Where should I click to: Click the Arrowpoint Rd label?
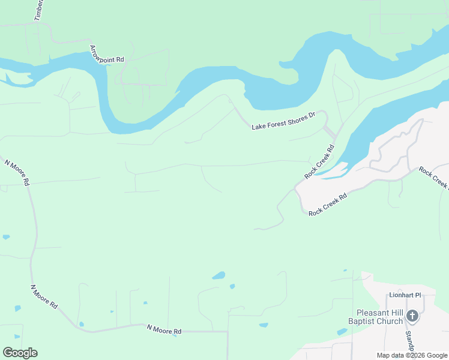click(107, 54)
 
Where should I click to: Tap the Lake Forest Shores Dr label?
click(283, 121)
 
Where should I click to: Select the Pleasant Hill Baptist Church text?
click(379, 317)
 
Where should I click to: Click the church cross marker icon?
click(412, 316)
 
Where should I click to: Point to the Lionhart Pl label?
click(405, 295)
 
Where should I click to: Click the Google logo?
click(20, 352)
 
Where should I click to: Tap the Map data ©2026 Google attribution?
click(412, 355)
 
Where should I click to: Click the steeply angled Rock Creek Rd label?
click(319, 161)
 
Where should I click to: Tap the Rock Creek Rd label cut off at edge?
click(433, 178)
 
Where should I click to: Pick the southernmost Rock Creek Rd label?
click(328, 205)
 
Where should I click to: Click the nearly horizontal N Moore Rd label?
click(164, 330)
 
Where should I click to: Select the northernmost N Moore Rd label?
click(17, 172)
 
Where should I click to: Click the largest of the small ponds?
click(218, 276)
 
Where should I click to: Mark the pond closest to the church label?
click(342, 332)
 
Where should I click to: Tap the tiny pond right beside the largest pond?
click(232, 286)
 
